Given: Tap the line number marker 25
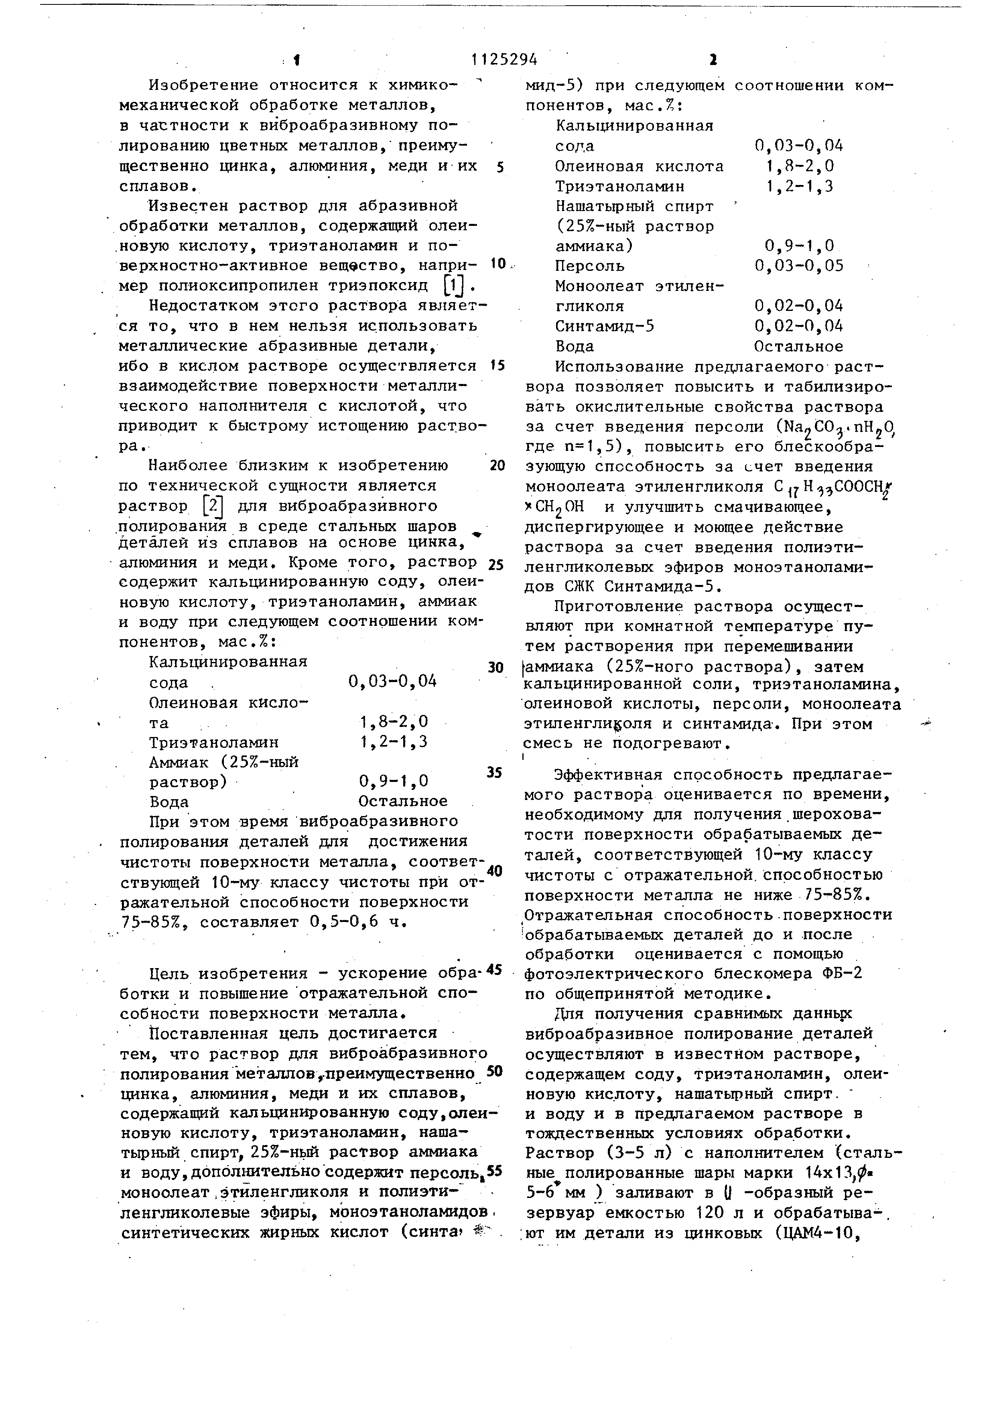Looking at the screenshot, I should click(x=495, y=564).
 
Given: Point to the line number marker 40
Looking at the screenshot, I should click(x=494, y=871).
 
